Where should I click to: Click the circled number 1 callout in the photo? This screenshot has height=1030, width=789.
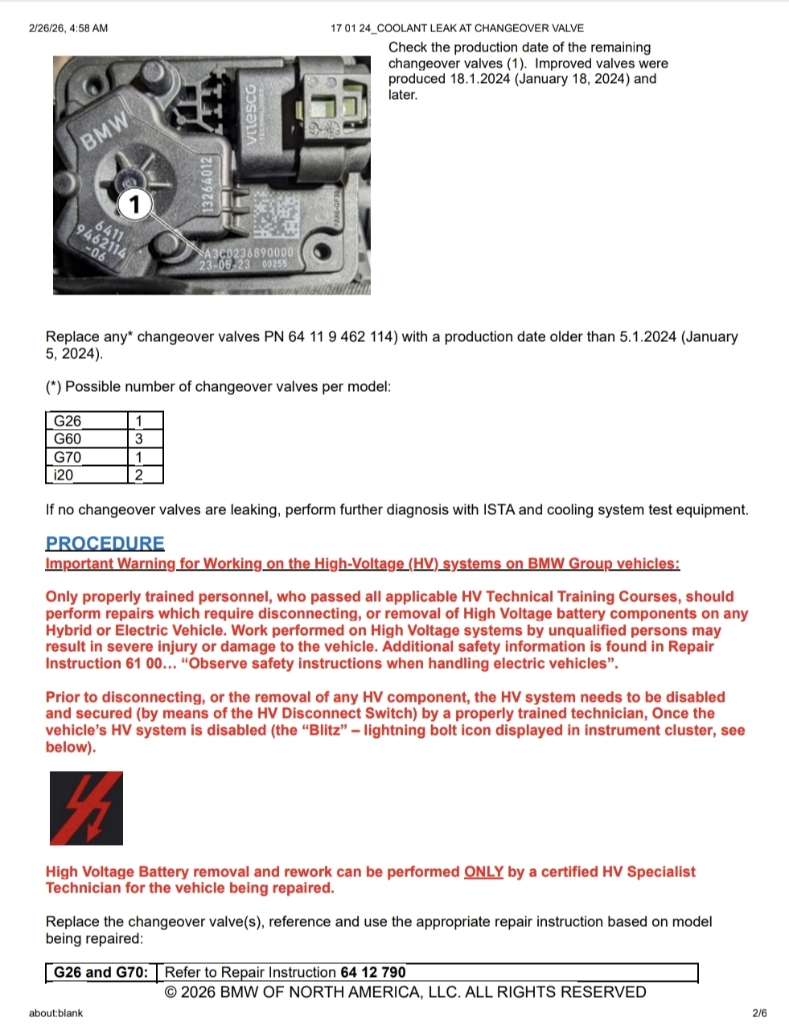pos(135,204)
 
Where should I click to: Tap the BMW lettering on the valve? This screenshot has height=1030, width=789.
pos(105,130)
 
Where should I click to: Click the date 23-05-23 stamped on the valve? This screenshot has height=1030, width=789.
pos(224,265)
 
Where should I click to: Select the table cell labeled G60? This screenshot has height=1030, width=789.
pos(87,439)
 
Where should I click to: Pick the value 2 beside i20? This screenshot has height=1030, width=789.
pos(139,475)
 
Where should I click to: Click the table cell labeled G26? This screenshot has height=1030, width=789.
pos(87,420)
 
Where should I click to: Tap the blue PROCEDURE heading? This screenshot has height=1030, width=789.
pos(105,542)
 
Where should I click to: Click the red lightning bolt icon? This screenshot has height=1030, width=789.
pos(86,808)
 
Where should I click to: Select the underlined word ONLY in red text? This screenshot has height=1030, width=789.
pos(483,871)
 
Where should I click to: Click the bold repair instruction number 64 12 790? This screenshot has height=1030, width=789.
pos(372,972)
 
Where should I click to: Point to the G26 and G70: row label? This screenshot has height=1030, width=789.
pos(101,972)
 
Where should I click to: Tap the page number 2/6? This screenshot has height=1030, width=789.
pos(759,1013)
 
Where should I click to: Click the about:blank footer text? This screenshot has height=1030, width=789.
pos(55,1013)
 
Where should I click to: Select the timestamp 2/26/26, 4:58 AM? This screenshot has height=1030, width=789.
pos(68,28)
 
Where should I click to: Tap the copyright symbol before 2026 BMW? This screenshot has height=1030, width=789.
pos(171,991)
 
